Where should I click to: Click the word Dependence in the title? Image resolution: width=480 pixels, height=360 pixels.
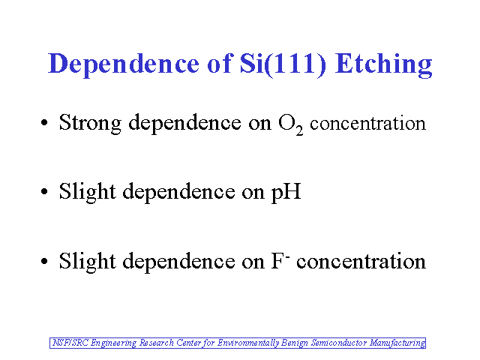124,64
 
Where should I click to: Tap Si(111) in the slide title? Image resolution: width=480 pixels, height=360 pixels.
283,64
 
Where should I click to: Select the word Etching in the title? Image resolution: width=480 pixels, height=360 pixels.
383,64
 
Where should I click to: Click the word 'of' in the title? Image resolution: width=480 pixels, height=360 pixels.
219,63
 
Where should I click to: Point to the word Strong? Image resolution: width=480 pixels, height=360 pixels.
90,123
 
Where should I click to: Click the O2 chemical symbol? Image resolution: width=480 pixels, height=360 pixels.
290,124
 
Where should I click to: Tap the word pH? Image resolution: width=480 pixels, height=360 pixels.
286,192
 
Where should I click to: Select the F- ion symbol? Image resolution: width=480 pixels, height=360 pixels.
280,261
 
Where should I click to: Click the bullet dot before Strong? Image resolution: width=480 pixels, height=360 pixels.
44,122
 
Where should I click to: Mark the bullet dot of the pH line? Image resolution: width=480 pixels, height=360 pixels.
44,192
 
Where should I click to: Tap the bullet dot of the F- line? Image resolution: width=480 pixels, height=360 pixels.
44,261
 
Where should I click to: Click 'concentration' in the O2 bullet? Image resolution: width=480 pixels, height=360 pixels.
367,123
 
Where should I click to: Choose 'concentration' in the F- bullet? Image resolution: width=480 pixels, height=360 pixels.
361,261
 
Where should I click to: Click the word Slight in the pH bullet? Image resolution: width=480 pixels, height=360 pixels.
87,192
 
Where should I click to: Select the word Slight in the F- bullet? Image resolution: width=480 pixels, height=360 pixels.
87,261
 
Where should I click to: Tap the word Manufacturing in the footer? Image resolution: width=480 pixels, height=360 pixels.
397,343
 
